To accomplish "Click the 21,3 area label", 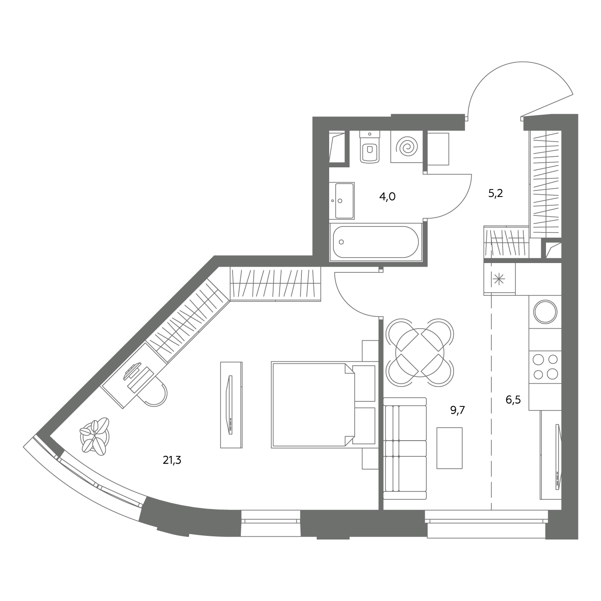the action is coord(172,460).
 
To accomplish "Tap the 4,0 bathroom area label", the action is coord(387,196).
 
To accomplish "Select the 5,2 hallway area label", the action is coord(496,193).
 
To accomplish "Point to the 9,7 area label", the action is coord(458,410).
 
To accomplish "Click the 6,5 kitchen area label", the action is coord(513,399).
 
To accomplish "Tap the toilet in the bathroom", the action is coord(370,147).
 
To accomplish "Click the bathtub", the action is coord(376,242).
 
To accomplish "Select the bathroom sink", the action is coord(342,201).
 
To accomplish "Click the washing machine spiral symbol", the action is coord(406,147).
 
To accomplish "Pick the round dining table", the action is coord(419,353).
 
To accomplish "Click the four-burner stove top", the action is coord(545,367).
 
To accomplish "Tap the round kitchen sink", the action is coord(545,312).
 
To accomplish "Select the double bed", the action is coord(324,405).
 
